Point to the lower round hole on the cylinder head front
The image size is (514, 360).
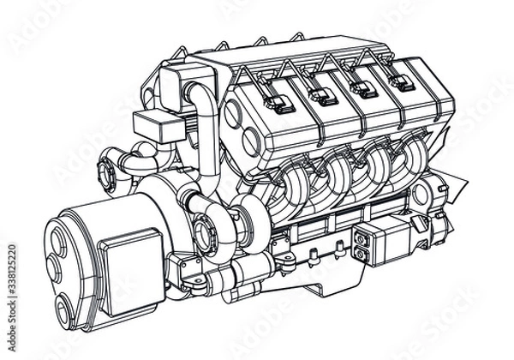click(250, 141)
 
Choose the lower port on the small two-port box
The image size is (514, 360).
click(361, 254)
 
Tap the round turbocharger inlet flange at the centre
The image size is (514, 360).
click(205, 229)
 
